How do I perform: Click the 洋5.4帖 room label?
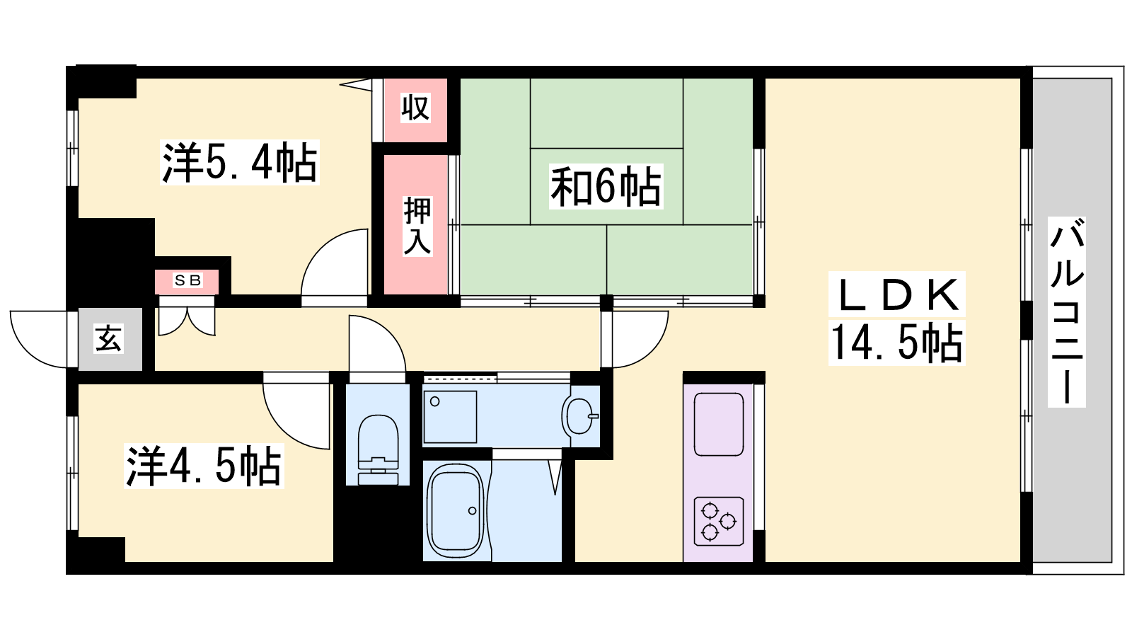pyautogui.click(x=240, y=163)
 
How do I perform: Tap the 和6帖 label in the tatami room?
pyautogui.click(x=606, y=187)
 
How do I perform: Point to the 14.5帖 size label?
pyautogui.click(x=896, y=343)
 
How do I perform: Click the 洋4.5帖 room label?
pyautogui.click(x=204, y=466)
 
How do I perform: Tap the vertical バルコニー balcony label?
pyautogui.click(x=1067, y=312)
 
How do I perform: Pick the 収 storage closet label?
pyautogui.click(x=415, y=107)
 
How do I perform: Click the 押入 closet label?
pyautogui.click(x=417, y=226)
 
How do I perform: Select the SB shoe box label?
pyautogui.click(x=187, y=280)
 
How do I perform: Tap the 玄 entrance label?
pyautogui.click(x=109, y=338)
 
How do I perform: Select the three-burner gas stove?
pyautogui.click(x=719, y=521)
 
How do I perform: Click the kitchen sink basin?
pyautogui.click(x=719, y=425)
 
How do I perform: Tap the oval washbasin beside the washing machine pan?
pyautogui.click(x=579, y=416)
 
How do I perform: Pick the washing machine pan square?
pyautogui.click(x=450, y=417)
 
